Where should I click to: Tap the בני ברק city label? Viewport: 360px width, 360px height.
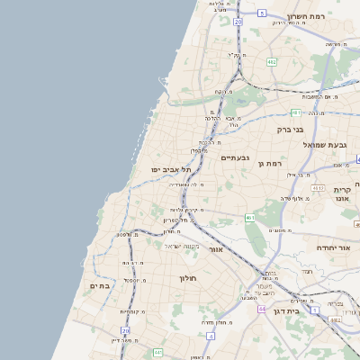coord(292,129)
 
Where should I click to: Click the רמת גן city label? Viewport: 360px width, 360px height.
coord(270,163)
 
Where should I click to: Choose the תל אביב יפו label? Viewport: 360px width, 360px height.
coord(168,169)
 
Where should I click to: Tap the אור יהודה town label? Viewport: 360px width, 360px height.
coord(337,247)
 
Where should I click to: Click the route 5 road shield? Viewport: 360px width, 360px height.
coord(261,13)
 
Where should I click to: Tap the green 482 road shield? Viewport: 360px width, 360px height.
coord(272,62)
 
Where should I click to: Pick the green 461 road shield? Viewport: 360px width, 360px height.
coord(249,219)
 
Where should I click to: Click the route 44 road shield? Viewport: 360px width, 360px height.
coord(262,309)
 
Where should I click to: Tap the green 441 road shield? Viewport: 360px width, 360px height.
coord(158,352)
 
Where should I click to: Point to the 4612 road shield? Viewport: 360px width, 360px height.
coord(318,187)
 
